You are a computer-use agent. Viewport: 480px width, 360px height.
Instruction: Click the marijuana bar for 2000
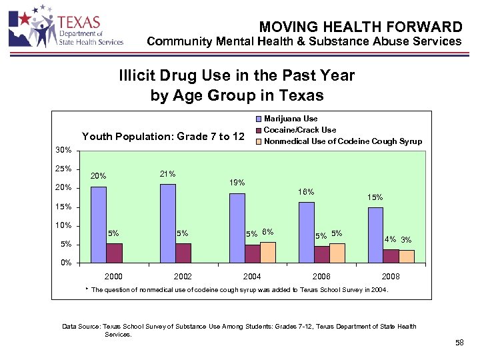(98, 225)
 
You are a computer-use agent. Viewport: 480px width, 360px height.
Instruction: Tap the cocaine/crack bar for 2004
(253, 253)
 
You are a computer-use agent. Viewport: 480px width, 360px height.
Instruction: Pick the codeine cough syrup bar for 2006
(337, 253)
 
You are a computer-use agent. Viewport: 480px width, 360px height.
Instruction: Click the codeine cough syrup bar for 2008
(407, 256)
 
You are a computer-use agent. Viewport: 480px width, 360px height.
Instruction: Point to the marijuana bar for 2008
(375, 235)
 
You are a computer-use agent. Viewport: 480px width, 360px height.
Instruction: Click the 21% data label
(167, 175)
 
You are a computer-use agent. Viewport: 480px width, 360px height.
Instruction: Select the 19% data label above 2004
(237, 183)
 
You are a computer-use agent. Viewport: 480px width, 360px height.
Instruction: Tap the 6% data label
(268, 232)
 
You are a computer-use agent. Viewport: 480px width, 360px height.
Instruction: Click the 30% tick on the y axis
(62, 150)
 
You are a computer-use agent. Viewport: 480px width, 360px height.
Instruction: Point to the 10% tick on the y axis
(62, 225)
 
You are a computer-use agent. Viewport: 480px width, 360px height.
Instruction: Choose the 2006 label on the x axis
(321, 276)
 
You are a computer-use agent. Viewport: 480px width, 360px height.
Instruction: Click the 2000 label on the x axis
(114, 276)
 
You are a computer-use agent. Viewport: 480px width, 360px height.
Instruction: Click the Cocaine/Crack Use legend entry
(299, 130)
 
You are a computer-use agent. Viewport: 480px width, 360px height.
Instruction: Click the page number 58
(459, 343)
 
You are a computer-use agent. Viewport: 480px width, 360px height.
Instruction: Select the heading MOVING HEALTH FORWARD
(360, 27)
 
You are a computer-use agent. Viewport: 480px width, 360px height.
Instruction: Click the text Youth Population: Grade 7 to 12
(163, 137)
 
